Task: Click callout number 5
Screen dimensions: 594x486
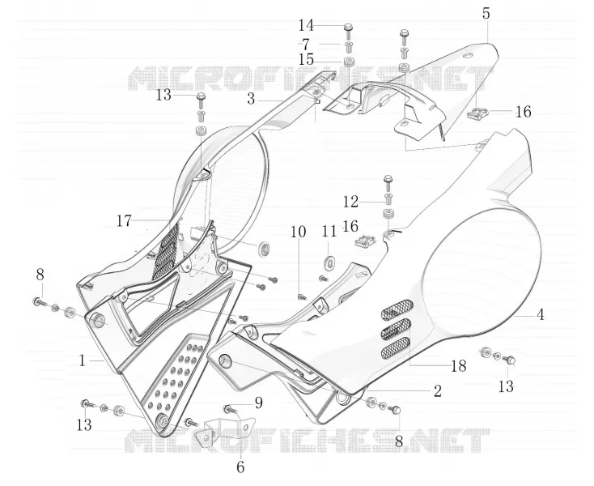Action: [486, 13]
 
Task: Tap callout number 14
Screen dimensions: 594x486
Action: [306, 26]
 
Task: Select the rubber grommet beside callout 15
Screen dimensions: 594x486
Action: [349, 61]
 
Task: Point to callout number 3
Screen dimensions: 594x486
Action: [251, 100]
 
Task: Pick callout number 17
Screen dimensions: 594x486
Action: [124, 220]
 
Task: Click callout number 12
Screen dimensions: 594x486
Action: [350, 202]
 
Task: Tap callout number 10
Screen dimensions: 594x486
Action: [298, 232]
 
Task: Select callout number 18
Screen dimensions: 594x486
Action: [458, 366]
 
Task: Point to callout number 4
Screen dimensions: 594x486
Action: [541, 314]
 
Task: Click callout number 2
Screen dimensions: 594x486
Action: [438, 391]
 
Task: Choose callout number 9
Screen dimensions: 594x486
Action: [259, 403]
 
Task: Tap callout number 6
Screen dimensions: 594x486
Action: [240, 467]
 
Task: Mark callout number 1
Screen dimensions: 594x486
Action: [83, 360]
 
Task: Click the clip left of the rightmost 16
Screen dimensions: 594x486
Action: [477, 113]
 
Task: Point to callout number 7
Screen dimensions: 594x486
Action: [306, 45]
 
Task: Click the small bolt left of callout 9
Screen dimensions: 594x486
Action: [228, 408]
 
